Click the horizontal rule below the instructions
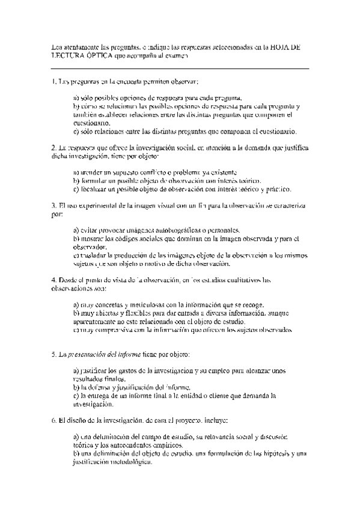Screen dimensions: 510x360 tap(180, 68)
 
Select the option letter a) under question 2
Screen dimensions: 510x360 tap(76, 171)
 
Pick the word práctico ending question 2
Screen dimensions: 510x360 tap(275, 189)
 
